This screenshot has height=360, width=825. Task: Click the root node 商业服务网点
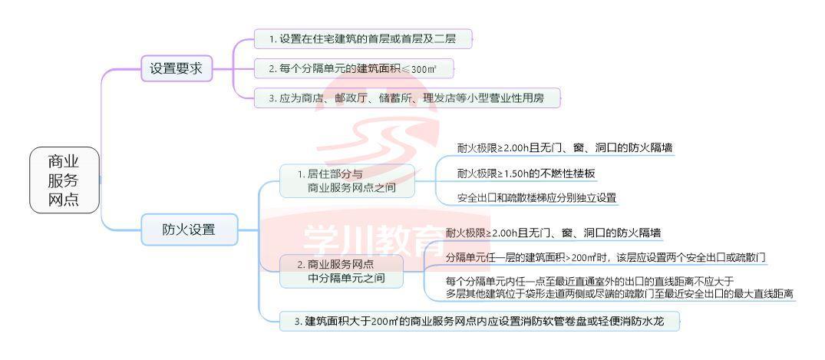64,180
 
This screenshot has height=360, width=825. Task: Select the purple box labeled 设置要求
177,68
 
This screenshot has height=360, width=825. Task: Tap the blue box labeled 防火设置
190,230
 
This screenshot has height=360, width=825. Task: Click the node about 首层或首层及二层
362,38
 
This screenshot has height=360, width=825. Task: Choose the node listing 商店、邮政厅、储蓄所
407,98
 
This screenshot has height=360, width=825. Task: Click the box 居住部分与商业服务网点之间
347,180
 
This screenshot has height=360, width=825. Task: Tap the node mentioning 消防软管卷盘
480,321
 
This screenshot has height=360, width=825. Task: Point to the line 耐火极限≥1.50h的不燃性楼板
526,173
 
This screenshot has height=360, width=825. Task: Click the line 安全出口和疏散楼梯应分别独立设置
536,198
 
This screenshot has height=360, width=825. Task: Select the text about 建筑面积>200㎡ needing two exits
606,258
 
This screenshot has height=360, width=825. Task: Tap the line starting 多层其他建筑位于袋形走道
620,294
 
